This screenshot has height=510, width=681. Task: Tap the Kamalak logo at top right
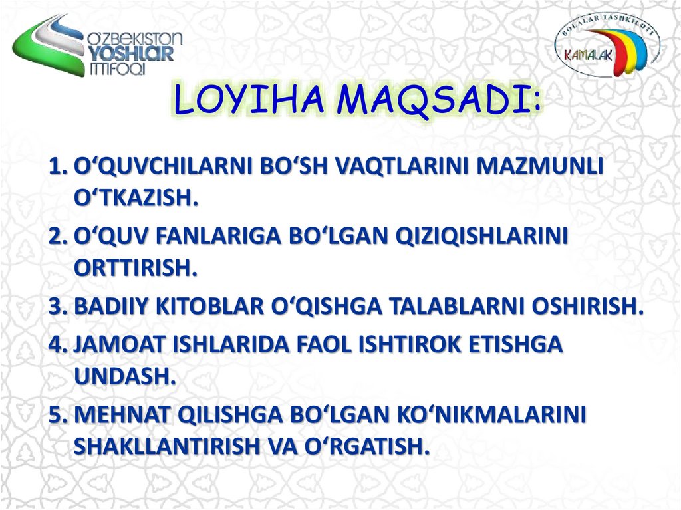pos(607,51)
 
